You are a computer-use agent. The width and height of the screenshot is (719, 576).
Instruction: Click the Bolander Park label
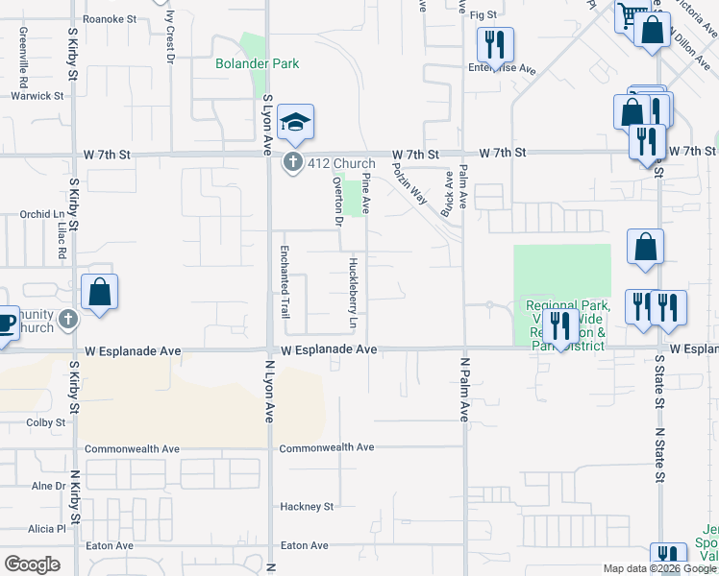click(257, 64)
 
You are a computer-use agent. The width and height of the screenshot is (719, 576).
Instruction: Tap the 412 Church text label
click(341, 163)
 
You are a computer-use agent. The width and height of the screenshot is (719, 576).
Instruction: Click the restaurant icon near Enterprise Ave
click(495, 44)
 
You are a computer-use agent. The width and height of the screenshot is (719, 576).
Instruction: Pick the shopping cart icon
click(632, 15)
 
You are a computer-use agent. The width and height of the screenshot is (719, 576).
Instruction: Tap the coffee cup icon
click(5, 322)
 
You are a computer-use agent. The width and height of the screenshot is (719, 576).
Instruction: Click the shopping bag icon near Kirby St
click(99, 292)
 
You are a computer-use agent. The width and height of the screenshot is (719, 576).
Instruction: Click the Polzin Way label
click(410, 181)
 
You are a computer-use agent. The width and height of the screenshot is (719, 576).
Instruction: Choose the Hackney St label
click(307, 506)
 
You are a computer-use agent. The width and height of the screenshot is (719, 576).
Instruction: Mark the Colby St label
click(46, 421)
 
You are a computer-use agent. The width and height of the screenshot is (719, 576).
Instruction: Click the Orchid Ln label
click(41, 215)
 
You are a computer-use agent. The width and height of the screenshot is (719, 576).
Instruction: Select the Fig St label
click(483, 15)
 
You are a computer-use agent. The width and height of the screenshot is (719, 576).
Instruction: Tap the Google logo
click(33, 564)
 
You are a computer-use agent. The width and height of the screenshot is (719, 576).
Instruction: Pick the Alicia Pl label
click(46, 528)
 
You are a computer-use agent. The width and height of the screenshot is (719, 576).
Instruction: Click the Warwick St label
click(37, 96)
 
